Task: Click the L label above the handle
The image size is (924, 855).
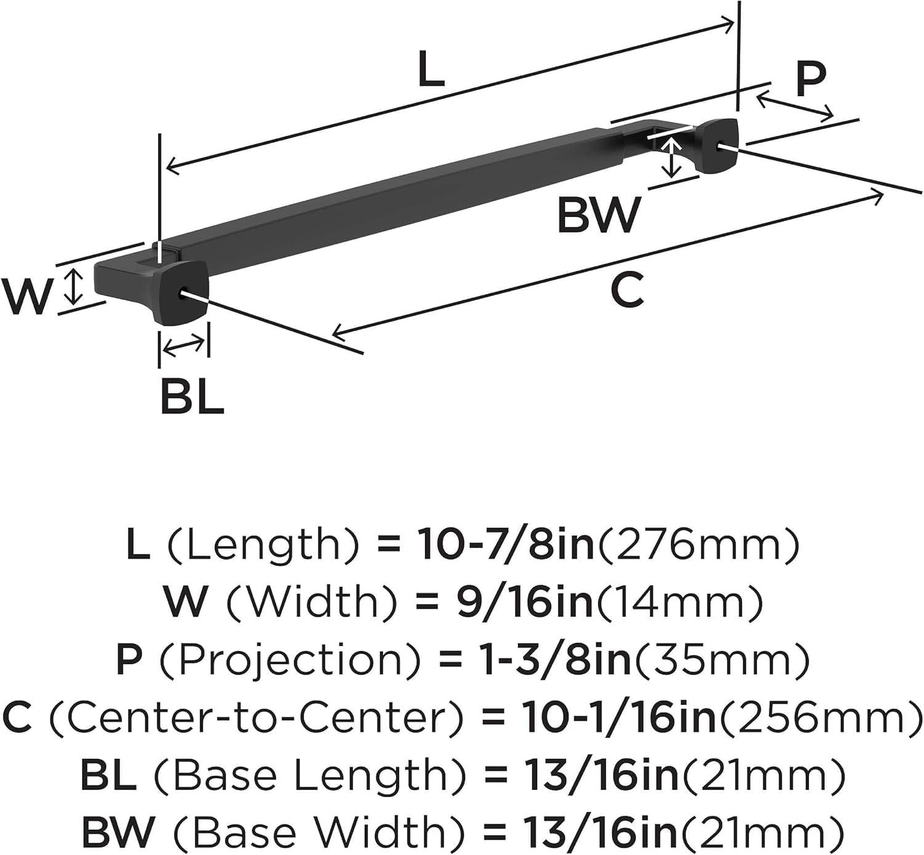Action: pos(431,69)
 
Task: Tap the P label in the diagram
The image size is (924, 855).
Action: pos(809,80)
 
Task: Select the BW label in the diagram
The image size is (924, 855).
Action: pos(599,214)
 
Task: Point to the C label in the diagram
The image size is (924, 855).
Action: pos(627,290)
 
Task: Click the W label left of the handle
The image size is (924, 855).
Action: pos(26,296)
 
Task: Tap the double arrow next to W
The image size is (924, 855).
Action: pos(74,286)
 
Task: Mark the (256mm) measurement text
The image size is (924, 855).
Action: pos(820,717)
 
